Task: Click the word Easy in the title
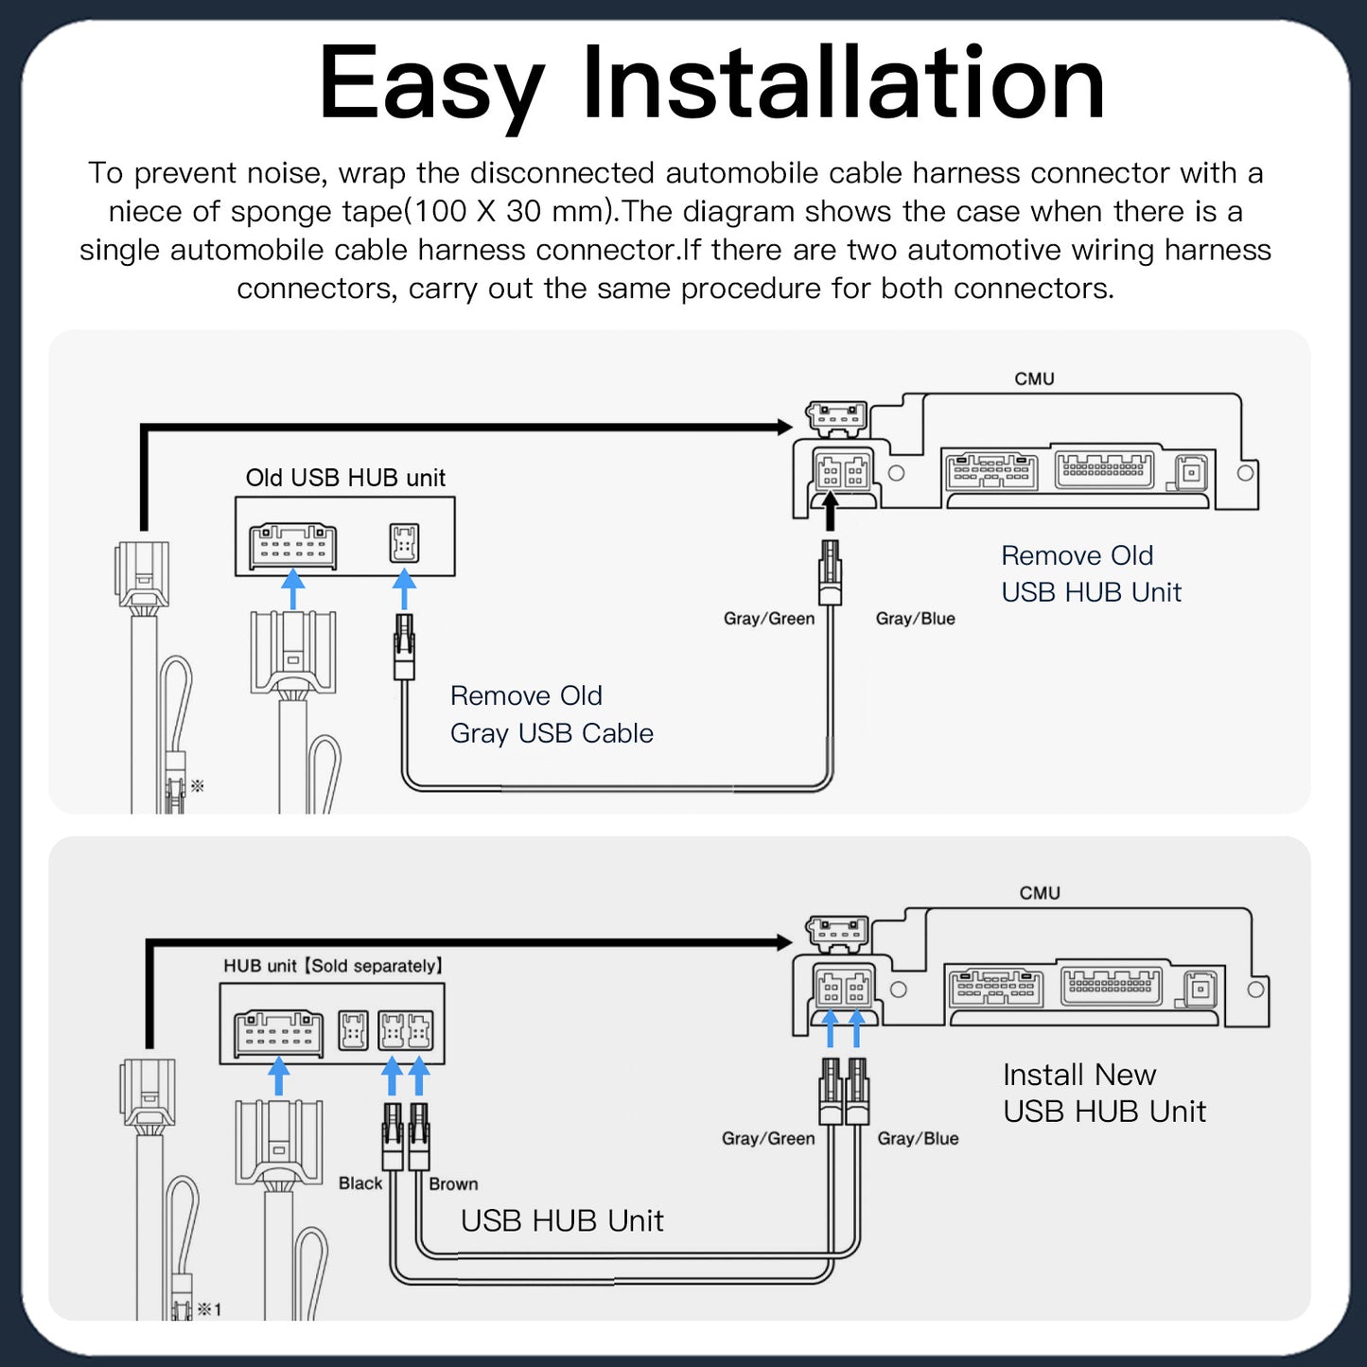[431, 85]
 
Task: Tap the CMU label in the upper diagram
[1034, 378]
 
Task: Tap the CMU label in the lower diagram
[1040, 893]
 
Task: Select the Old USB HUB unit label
[345, 478]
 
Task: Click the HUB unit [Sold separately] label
[333, 966]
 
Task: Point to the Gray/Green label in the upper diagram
[768, 619]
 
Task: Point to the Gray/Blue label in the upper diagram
[915, 619]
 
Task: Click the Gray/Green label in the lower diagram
[767, 1138]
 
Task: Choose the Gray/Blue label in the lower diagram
[918, 1138]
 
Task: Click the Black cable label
[360, 1183]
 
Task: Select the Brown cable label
[453, 1184]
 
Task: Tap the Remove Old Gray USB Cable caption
[552, 714]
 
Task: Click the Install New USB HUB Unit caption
[1103, 1093]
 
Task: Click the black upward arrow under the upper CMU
[830, 513]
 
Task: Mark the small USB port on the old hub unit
[404, 543]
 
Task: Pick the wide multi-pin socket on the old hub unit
[292, 546]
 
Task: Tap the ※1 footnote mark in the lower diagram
[209, 1309]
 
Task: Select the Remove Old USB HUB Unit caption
[1091, 573]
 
